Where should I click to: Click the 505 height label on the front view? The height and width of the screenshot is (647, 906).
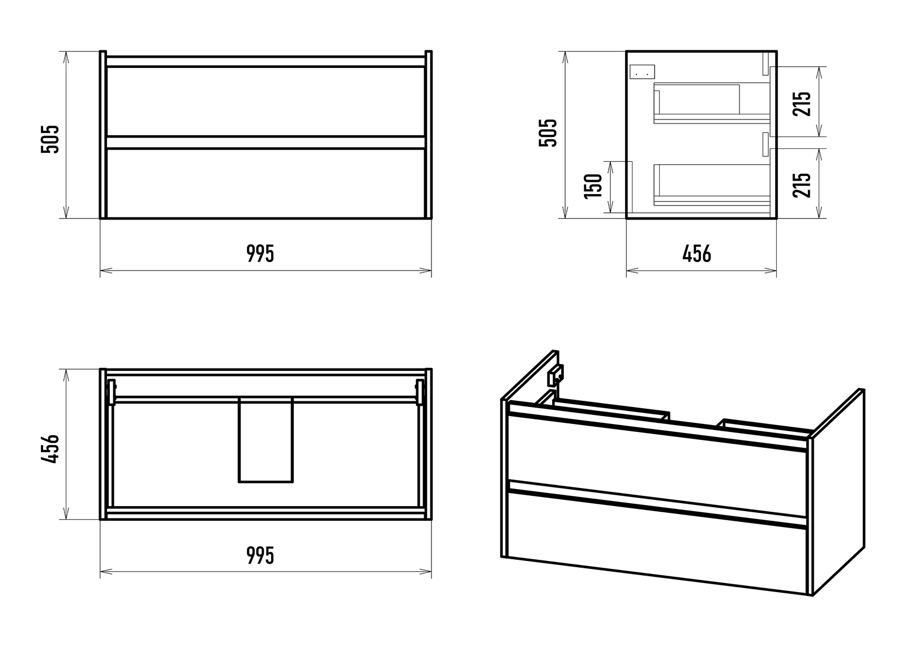pos(50,139)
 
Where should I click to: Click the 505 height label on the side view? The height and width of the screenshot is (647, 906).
pos(548,132)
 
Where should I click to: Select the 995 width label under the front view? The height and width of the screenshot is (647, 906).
pos(260,254)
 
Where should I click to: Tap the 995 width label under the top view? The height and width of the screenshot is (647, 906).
pos(260,555)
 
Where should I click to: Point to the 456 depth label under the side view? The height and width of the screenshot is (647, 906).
pos(696,254)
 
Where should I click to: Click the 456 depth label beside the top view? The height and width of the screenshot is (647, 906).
pos(50,448)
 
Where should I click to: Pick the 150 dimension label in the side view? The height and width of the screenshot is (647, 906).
pos(593,186)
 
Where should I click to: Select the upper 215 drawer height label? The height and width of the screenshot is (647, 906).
pos(802,104)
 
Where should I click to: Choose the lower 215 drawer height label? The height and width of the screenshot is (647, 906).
pos(802,185)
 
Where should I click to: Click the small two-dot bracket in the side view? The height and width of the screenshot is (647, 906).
pos(642,71)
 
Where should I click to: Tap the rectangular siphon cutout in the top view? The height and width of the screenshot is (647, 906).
pos(266,440)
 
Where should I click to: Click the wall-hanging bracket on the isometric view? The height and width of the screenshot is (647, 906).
pos(555,376)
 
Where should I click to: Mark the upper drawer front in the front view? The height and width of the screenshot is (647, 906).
pos(266,101)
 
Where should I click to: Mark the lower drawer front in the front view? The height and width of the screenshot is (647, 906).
pos(266,183)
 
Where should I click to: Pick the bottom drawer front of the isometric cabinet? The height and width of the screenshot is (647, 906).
pos(657,542)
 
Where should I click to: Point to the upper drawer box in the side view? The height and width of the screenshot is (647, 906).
pos(712,103)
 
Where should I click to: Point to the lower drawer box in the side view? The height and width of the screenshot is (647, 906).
pos(712,185)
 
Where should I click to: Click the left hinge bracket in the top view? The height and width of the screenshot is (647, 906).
pos(111,392)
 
